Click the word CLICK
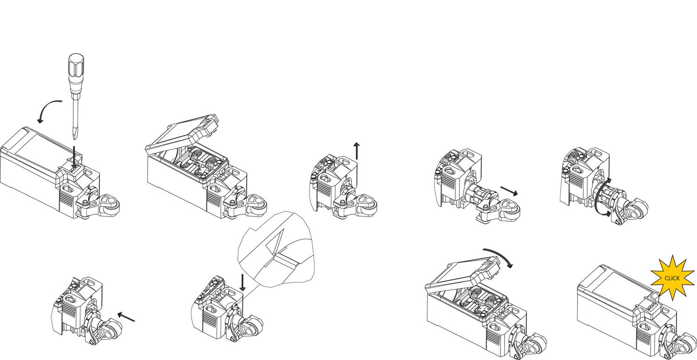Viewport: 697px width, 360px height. [672, 278]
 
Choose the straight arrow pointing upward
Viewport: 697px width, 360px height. [356, 151]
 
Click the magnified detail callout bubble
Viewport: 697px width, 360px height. [279, 249]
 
